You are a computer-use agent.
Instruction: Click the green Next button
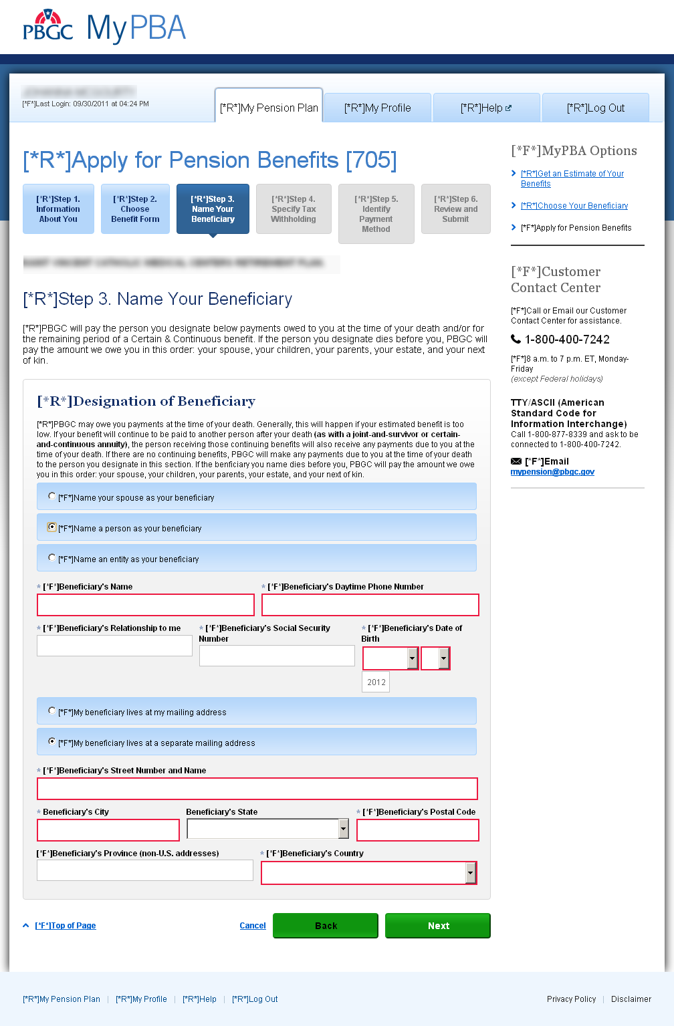coord(437,926)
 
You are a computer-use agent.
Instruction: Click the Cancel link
coord(253,926)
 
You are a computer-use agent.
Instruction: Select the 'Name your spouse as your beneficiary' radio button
coord(52,497)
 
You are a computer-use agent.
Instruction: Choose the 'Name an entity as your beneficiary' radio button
coord(52,558)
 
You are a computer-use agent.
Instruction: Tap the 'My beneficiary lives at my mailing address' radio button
coord(52,711)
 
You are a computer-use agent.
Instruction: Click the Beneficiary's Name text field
coord(146,605)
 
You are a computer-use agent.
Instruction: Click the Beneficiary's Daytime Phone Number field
coord(370,605)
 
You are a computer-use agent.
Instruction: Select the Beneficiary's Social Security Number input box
coord(277,656)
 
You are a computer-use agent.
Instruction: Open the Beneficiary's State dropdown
coord(343,829)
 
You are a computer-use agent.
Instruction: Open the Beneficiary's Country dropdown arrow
coord(471,873)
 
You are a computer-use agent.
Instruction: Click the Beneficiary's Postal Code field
coord(418,830)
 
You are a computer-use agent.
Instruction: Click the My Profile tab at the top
coord(378,108)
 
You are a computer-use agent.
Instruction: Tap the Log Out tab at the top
coord(596,108)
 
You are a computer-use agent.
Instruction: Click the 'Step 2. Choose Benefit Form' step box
coord(135,209)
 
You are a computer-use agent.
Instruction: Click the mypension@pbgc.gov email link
coord(552,472)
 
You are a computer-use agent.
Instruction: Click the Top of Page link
coord(66,926)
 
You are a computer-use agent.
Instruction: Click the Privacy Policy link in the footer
coord(571,999)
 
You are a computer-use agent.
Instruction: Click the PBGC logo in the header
coord(47,27)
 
